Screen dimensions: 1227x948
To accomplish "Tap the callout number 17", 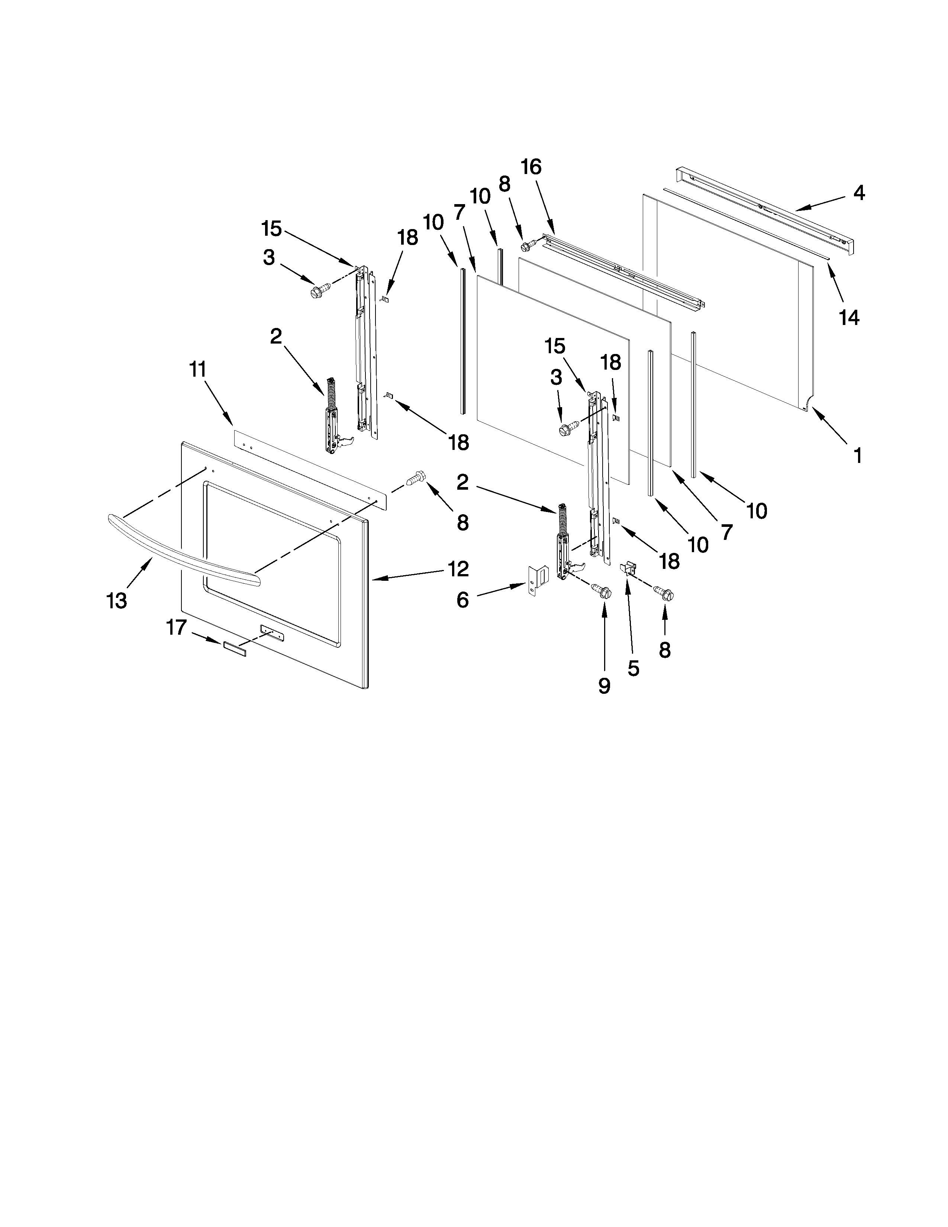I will tap(176, 627).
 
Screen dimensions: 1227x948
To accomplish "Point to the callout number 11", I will tap(198, 369).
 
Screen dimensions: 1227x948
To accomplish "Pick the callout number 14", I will tap(849, 318).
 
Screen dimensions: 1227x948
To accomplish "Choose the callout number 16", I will tap(531, 167).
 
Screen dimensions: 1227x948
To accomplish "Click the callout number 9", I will tap(604, 686).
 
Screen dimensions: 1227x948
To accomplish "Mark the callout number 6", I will tap(462, 600).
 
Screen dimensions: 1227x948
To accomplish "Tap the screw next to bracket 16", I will tap(528, 245).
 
